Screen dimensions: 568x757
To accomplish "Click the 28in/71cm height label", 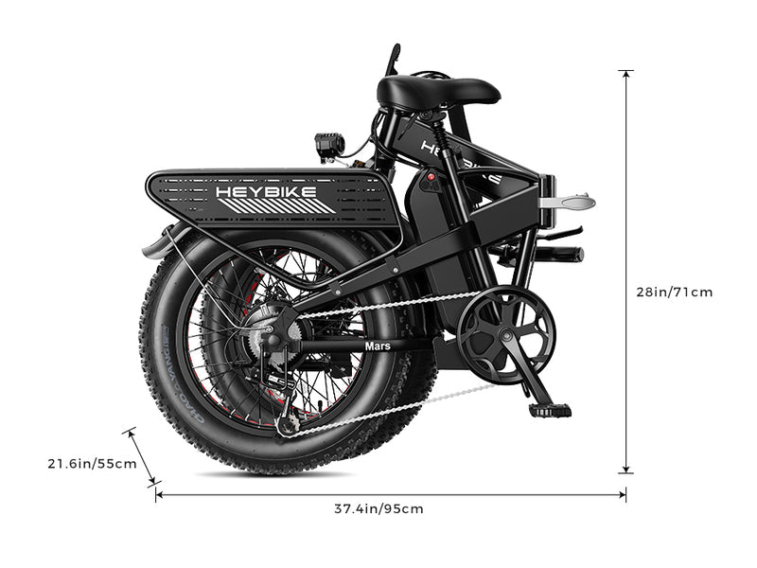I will click(674, 292).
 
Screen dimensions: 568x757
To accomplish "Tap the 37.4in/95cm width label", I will click(378, 508).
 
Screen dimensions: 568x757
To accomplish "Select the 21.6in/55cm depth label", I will click(92, 464).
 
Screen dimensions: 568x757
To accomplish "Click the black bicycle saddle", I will click(437, 92).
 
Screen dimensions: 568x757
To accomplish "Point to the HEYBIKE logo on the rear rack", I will click(273, 192).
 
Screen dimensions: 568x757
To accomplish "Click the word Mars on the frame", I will click(378, 346).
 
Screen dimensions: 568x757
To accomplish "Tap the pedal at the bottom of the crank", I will click(550, 411).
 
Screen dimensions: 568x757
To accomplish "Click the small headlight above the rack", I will click(329, 146).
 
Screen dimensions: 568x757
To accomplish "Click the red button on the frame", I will click(431, 177).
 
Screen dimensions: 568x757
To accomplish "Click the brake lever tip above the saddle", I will click(394, 49).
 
